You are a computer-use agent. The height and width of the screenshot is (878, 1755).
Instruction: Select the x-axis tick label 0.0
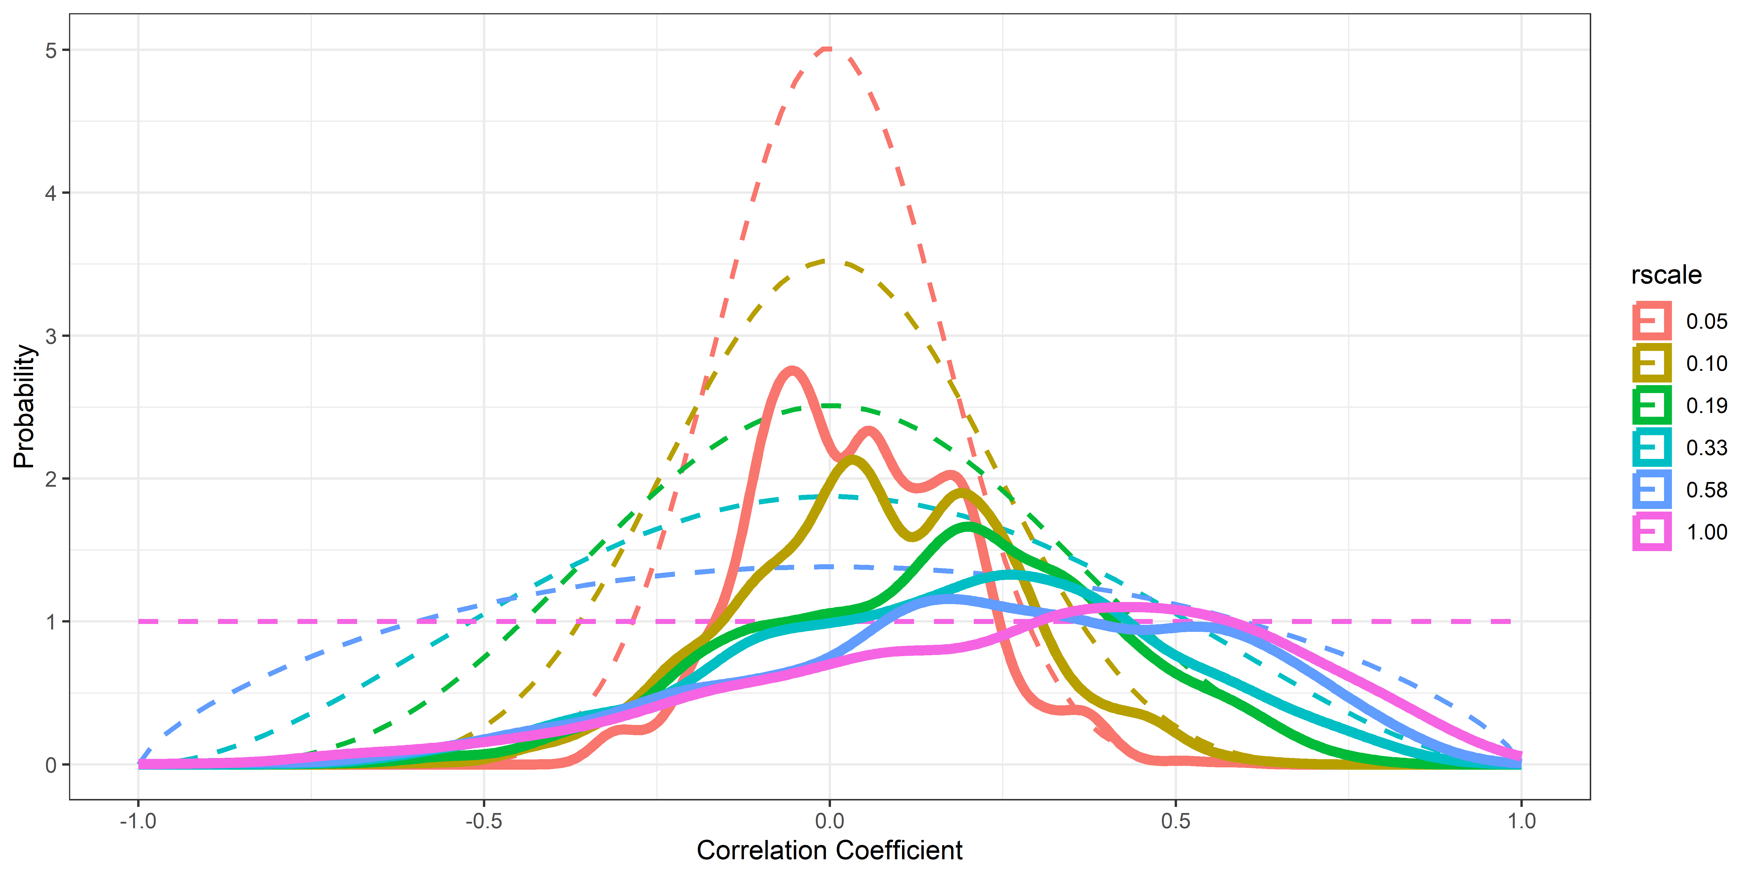pos(829,821)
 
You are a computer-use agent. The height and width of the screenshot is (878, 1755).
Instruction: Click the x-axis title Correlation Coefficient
pos(829,851)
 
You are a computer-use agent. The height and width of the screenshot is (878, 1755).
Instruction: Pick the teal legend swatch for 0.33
pos(1651,448)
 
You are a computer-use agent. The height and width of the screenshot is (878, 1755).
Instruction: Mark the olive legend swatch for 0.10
pos(1651,363)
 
